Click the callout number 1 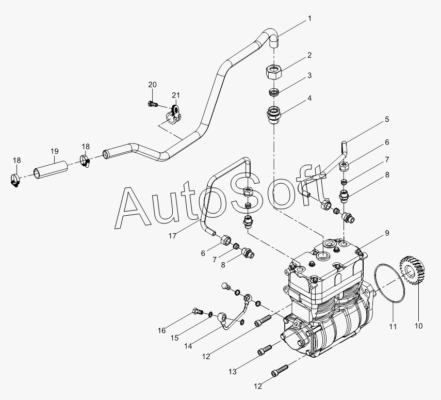point(309,19)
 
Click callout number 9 point(386,233)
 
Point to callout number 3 point(309,75)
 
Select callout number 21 point(176,95)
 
